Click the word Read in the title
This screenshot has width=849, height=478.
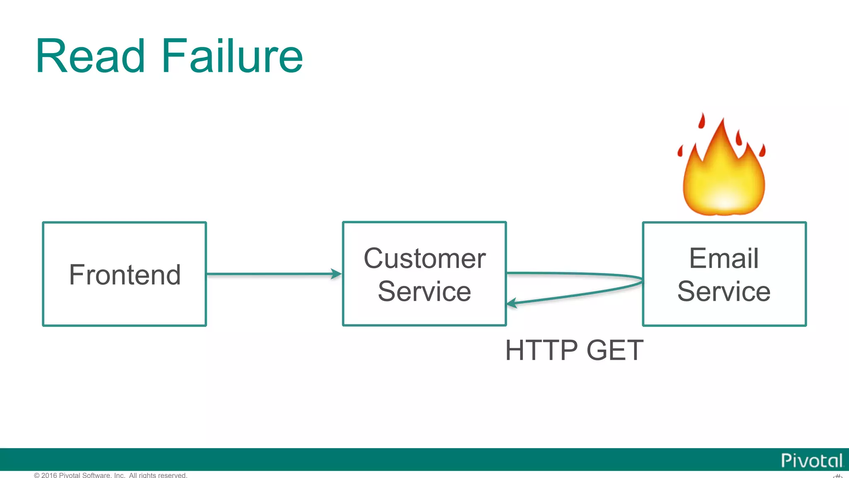pyautogui.click(x=90, y=56)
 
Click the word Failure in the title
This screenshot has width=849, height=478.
pyautogui.click(x=232, y=56)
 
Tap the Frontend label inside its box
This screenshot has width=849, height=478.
pyautogui.click(x=125, y=275)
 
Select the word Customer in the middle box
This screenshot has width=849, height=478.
pyautogui.click(x=424, y=259)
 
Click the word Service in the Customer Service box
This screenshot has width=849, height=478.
pyautogui.click(x=424, y=291)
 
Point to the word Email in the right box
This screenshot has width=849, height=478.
pyautogui.click(x=724, y=259)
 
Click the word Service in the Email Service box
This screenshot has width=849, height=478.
pyautogui.click(x=724, y=291)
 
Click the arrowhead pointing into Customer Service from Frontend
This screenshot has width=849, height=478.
pyautogui.click(x=337, y=274)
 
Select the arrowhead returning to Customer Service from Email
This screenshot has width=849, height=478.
pyautogui.click(x=512, y=303)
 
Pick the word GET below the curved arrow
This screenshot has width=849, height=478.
pyautogui.click(x=615, y=350)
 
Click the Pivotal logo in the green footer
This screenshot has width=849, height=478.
pyautogui.click(x=811, y=461)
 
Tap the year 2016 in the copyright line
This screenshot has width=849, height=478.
pyautogui.click(x=49, y=475)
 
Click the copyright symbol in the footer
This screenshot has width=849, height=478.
pyautogui.click(x=36, y=475)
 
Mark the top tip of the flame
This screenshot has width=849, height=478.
pyautogui.click(x=723, y=119)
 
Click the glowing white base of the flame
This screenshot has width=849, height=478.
pyautogui.click(x=724, y=201)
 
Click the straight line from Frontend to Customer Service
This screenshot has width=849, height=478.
pyautogui.click(x=269, y=274)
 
